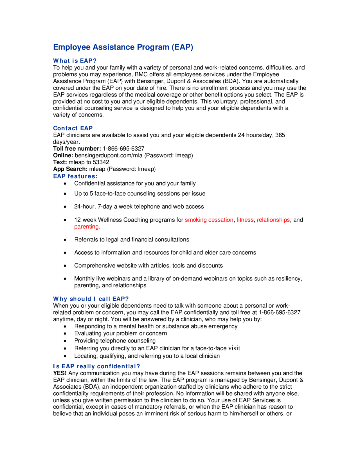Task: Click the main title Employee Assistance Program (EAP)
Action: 123,47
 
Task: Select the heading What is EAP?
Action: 75,61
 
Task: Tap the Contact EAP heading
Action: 73,128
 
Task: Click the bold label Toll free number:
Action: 77,149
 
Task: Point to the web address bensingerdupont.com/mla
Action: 109,155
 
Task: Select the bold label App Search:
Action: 70,169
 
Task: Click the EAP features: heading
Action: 75,176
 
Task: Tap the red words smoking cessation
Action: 209,220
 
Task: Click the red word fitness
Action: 245,220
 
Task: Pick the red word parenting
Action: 86,227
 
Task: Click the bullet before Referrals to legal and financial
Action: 65,240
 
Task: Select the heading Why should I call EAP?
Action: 91,299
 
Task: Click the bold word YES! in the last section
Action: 60,373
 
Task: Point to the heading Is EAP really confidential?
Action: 96,366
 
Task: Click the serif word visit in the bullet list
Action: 234,348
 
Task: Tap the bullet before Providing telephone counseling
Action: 65,341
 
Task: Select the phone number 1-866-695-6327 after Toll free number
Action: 123,149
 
